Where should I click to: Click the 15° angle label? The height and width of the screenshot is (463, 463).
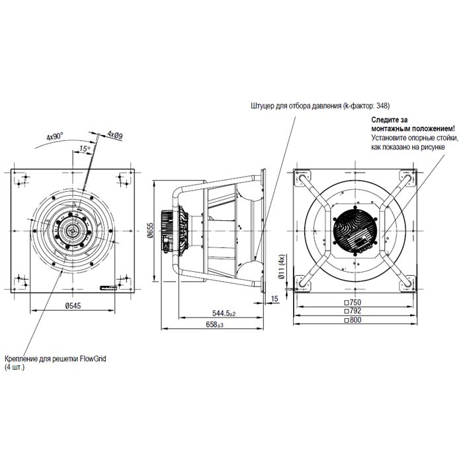84,149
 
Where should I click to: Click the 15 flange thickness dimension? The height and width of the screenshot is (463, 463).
274,299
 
